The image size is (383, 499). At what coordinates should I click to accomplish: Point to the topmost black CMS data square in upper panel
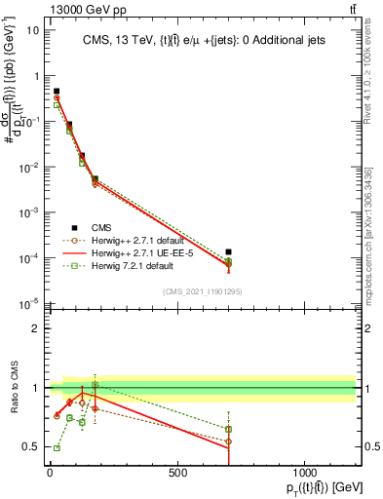57,91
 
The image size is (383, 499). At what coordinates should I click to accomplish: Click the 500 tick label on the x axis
176,473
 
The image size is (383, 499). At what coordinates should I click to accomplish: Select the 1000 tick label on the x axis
304,473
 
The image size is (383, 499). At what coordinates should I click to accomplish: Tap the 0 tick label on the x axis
50,473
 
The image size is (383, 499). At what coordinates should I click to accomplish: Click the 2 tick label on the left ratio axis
35,328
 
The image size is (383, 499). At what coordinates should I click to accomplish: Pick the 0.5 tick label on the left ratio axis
30,447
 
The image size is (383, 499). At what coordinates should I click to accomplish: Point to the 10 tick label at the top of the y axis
32,30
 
